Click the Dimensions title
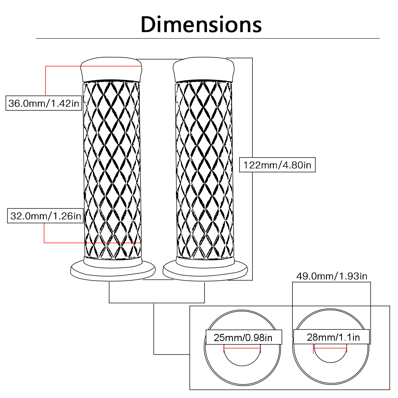(201, 24)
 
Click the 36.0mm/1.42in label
(45, 104)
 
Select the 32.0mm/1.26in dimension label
(45, 216)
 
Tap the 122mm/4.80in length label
(277, 165)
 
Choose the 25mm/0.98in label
(243, 338)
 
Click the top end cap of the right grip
(203, 70)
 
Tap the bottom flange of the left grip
(112, 271)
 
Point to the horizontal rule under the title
(207, 39)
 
